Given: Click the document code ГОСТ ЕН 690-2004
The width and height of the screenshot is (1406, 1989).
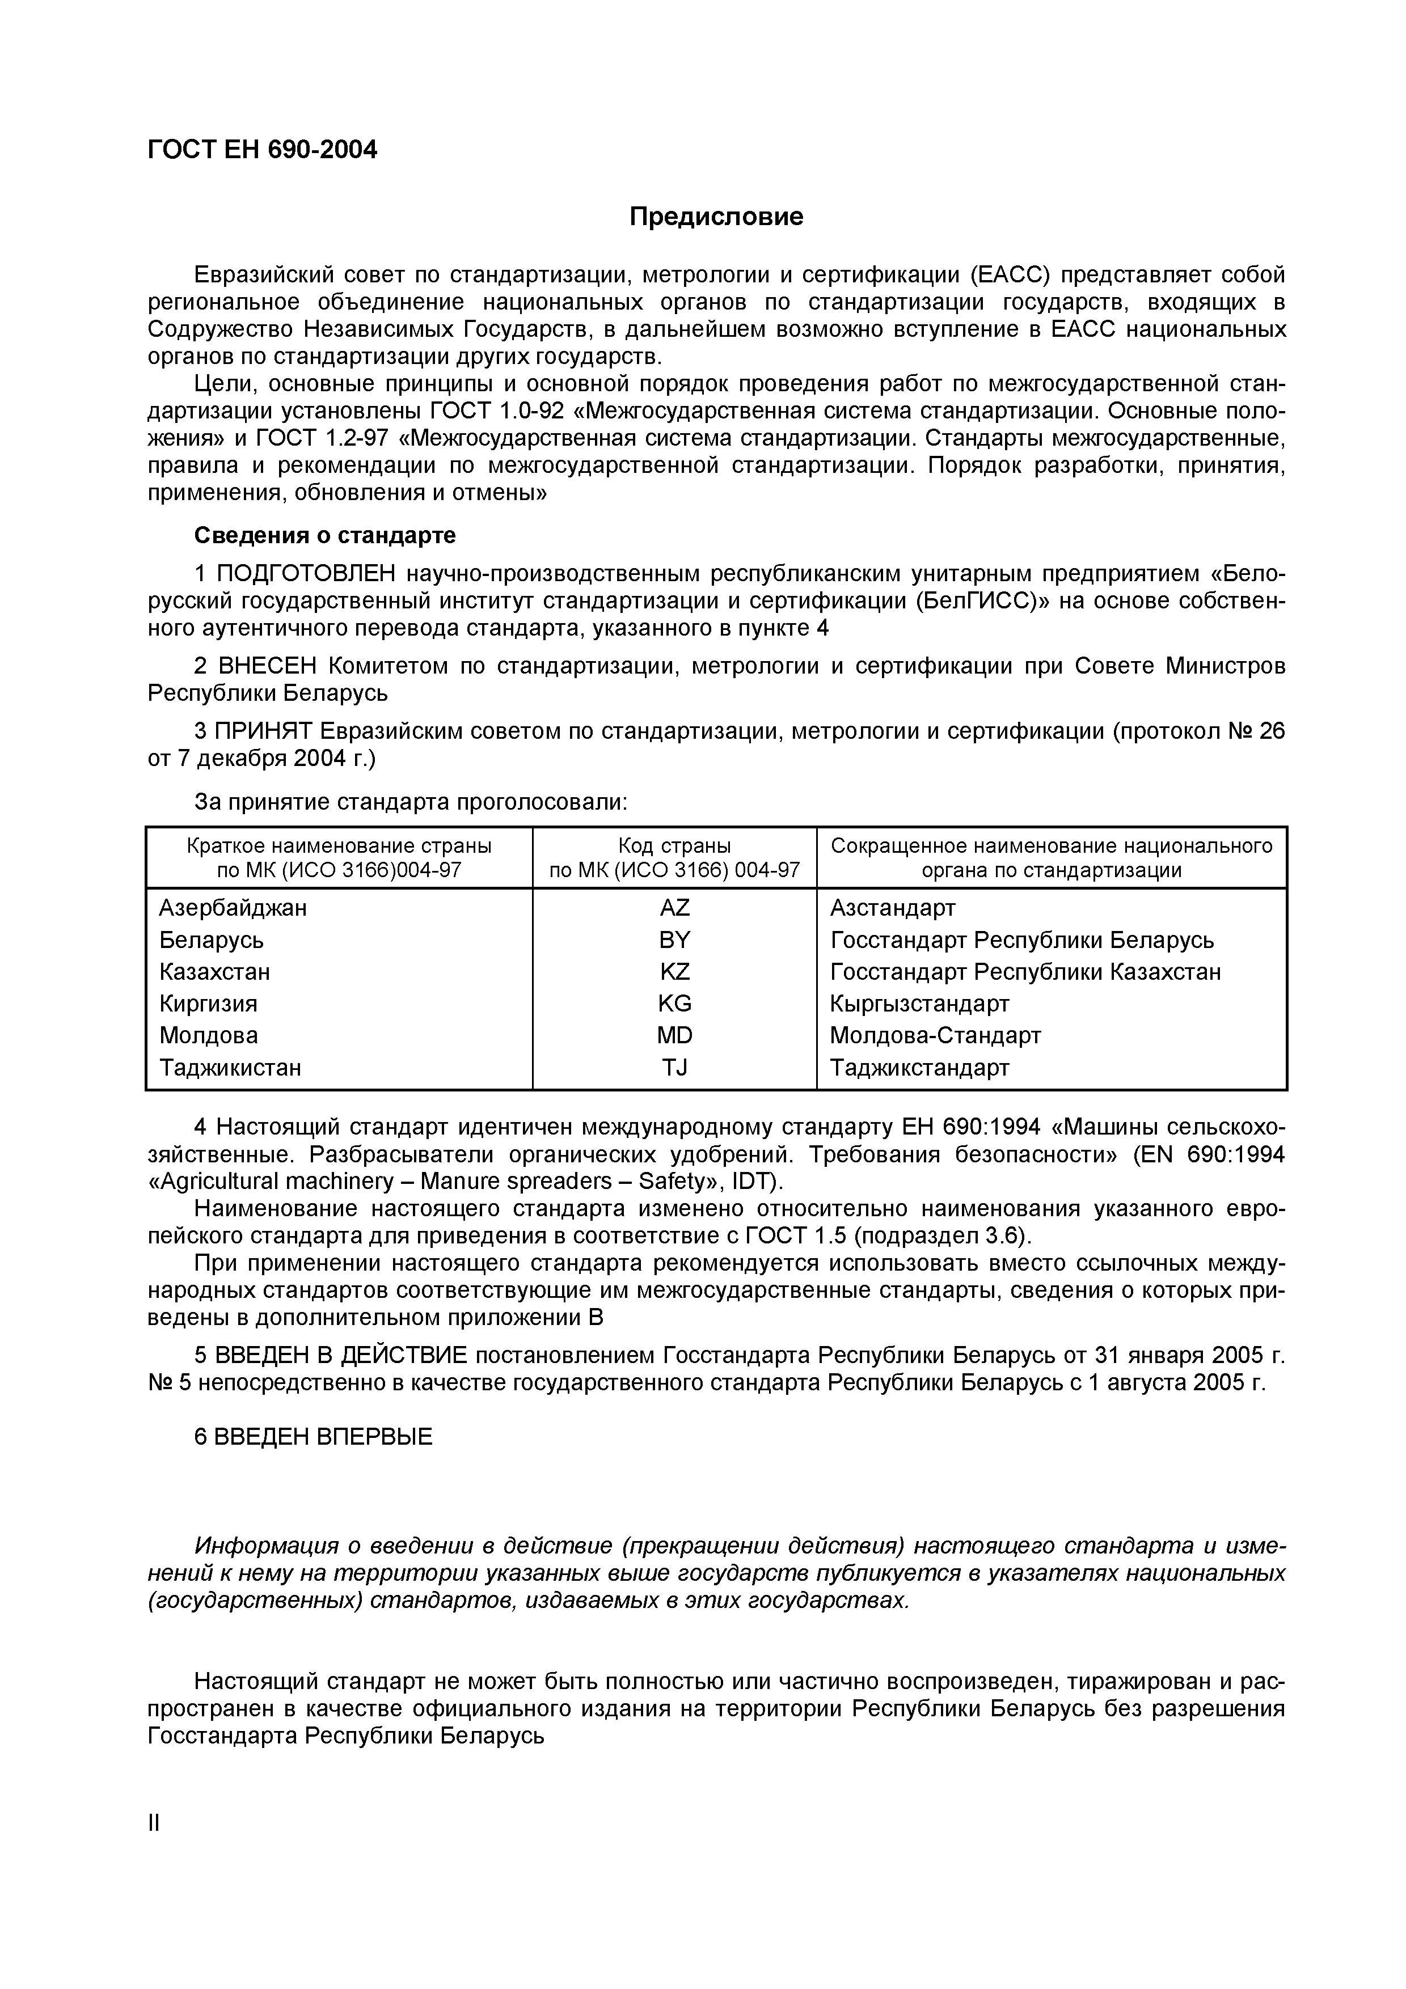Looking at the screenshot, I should coord(263,150).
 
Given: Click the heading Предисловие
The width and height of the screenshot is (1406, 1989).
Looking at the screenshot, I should coord(716,217).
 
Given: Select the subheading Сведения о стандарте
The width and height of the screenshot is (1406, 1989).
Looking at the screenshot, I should coord(325,535).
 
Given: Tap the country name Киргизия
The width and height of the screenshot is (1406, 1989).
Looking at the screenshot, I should coord(208,1003).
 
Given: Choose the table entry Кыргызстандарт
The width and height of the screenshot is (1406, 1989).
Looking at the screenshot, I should coord(919,1003).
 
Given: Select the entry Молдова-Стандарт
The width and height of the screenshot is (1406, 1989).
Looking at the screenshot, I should coord(935,1035).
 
